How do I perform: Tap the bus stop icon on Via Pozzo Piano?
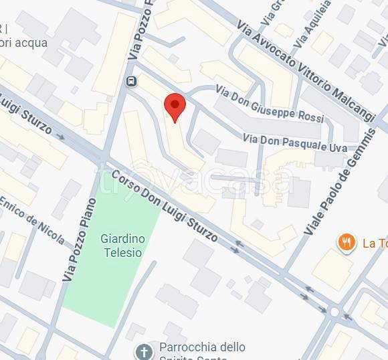[x=131, y=82]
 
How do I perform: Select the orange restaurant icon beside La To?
[x=346, y=242]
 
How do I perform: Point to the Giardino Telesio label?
[x=122, y=245]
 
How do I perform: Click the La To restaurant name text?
[x=375, y=243]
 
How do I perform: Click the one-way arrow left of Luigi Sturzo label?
[x=60, y=137]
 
